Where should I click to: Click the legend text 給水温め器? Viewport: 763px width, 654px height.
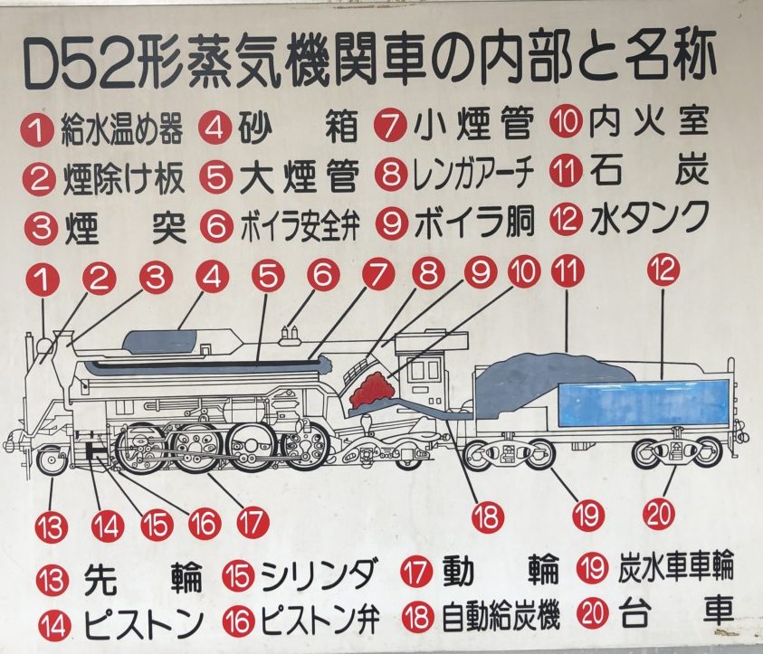[x=121, y=130]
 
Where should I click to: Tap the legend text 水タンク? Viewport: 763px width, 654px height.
[x=649, y=217]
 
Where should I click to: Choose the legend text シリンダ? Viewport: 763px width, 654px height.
[x=319, y=573]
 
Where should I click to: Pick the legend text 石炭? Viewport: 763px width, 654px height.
[x=649, y=171]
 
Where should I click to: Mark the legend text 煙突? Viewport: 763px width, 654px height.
[x=125, y=229]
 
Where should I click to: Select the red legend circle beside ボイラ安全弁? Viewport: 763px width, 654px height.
[x=217, y=226]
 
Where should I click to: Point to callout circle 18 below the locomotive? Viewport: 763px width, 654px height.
[x=488, y=517]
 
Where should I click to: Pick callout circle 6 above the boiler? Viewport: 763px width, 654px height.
[x=322, y=275]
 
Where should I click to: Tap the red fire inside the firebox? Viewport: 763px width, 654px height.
[x=374, y=388]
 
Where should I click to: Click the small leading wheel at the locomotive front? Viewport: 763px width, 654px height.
[x=52, y=460]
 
